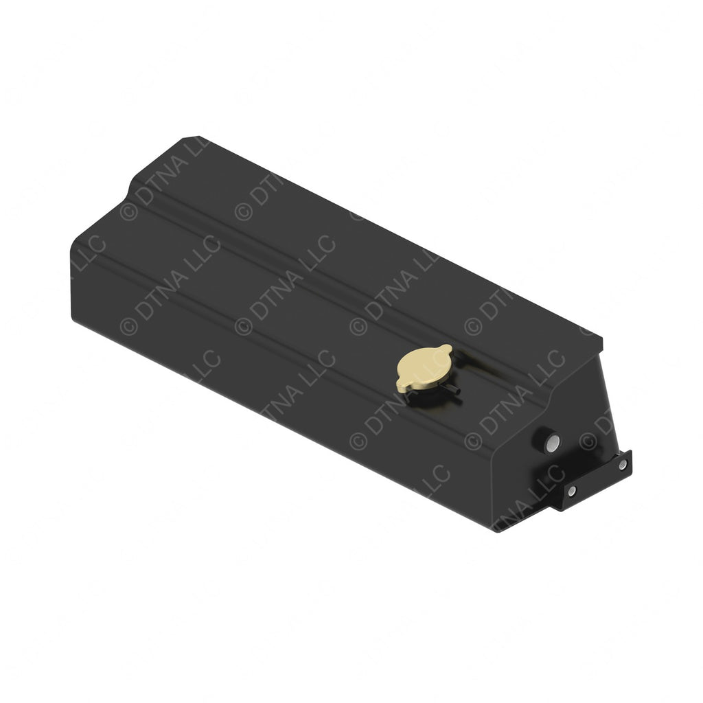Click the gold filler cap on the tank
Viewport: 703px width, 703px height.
pos(424,368)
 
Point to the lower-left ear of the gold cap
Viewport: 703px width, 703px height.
pos(400,387)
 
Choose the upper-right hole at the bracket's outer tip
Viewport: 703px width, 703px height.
pos(622,464)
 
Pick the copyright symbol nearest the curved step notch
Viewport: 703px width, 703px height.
pos(129,211)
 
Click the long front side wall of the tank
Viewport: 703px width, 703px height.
pos(275,384)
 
